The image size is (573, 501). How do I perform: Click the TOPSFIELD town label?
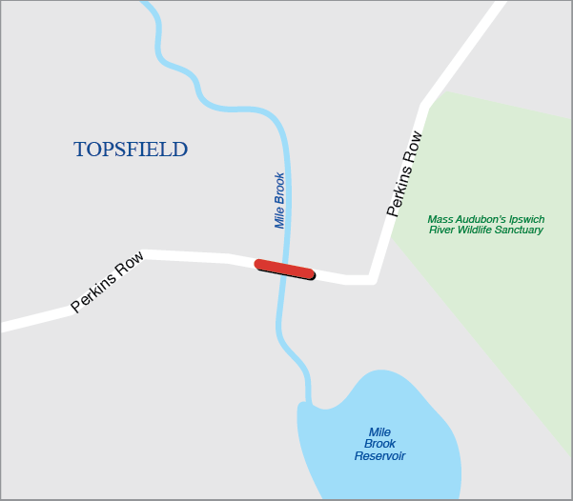(131, 150)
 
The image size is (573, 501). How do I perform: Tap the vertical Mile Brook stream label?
(279, 200)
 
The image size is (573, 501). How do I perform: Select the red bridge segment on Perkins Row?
(284, 269)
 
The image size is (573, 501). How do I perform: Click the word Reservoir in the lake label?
(379, 456)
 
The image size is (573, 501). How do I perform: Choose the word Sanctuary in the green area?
(516, 230)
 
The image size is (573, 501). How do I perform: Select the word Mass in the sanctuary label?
(442, 218)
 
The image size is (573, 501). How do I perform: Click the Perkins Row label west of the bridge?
(108, 282)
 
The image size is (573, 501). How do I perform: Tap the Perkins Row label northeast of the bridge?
(404, 174)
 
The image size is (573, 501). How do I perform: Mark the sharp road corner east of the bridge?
(372, 280)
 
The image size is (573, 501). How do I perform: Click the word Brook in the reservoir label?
(379, 444)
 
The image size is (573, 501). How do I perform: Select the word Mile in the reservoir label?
(379, 431)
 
